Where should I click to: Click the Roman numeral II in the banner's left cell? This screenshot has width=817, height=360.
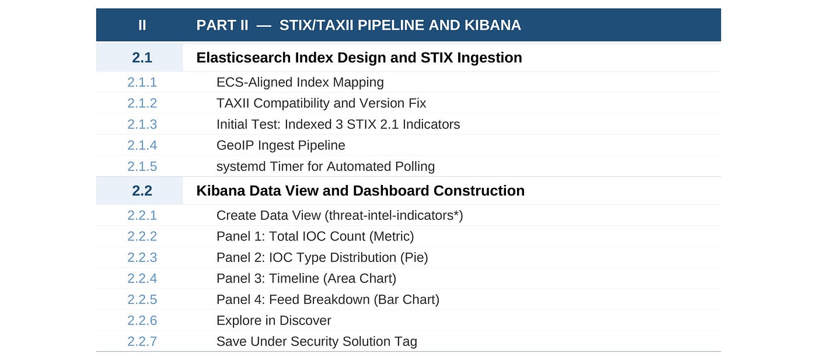point(142,25)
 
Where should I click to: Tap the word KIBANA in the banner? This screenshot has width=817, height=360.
point(493,25)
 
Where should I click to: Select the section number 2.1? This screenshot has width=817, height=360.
point(142,58)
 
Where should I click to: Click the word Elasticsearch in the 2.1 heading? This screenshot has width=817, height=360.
point(243,58)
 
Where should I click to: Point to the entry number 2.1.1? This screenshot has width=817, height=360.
point(142,82)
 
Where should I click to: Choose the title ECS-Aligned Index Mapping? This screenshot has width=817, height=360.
point(300,82)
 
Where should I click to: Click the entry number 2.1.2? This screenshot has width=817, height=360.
point(142,103)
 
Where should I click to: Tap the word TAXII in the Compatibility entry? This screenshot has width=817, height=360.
point(233,103)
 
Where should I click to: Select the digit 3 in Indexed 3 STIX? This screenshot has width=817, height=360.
point(339,124)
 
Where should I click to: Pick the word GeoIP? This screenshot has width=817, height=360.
point(235,145)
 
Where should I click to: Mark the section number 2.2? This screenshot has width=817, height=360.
point(142,191)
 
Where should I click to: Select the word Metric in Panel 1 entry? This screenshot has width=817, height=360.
point(392,236)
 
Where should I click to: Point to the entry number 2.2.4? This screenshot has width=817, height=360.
point(142,279)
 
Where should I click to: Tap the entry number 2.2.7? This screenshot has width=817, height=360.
point(142,342)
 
